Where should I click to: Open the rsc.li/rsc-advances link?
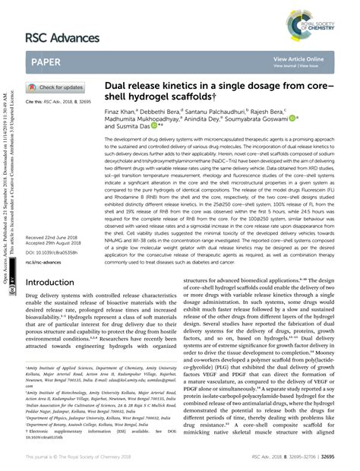click(x=48, y=240)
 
